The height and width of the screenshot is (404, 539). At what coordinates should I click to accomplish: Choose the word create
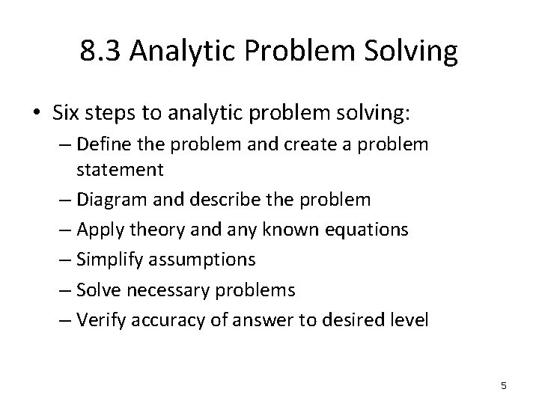(x=310, y=144)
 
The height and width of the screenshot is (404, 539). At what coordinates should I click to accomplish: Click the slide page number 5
(x=503, y=385)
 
